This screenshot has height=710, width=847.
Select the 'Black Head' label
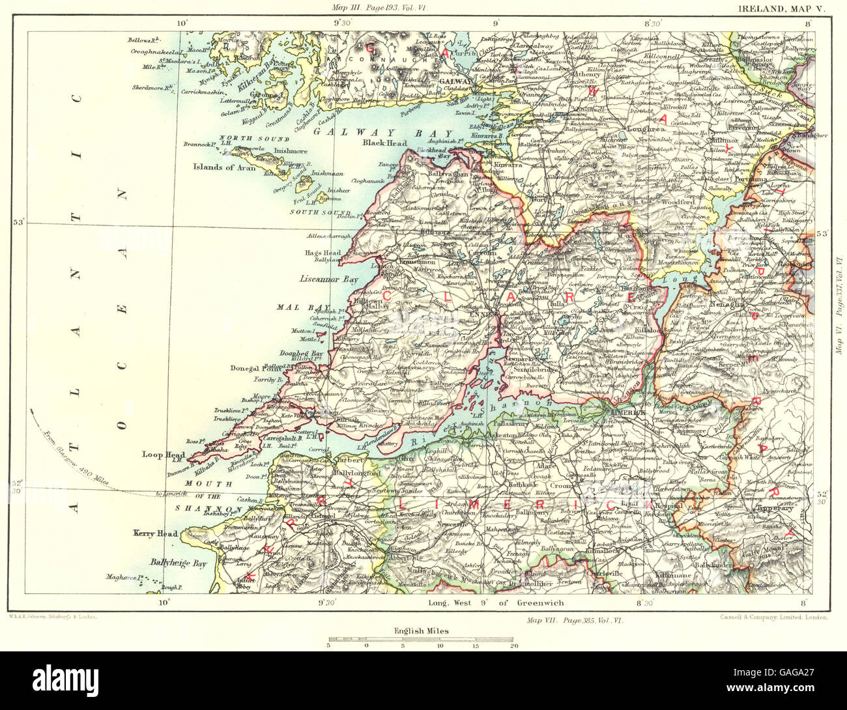coord(384,143)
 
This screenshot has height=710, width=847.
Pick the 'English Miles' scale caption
coord(420,631)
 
